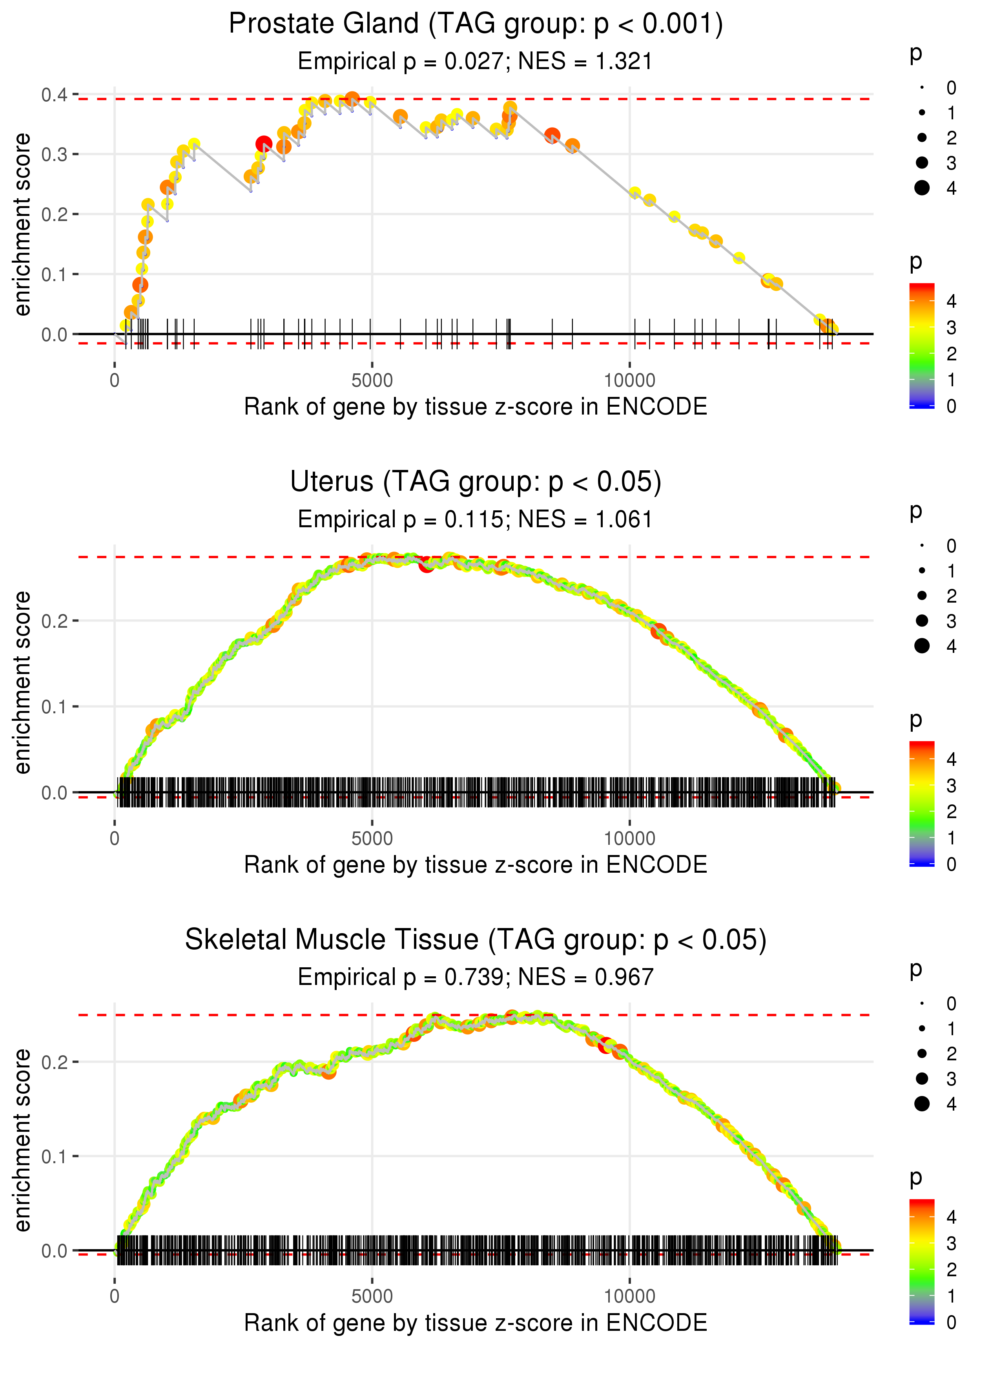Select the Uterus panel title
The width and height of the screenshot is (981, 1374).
click(x=476, y=482)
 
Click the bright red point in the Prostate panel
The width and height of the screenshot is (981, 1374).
click(x=263, y=144)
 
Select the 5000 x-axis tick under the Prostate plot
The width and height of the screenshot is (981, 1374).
click(x=372, y=381)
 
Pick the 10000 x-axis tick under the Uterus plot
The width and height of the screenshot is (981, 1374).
click(x=629, y=839)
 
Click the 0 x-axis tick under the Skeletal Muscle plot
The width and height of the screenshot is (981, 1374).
click(x=115, y=1297)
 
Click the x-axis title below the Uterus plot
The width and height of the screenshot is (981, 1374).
click(x=476, y=865)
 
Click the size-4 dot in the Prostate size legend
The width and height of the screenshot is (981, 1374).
click(x=922, y=188)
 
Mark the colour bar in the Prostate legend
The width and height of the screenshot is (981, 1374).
click(x=922, y=345)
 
